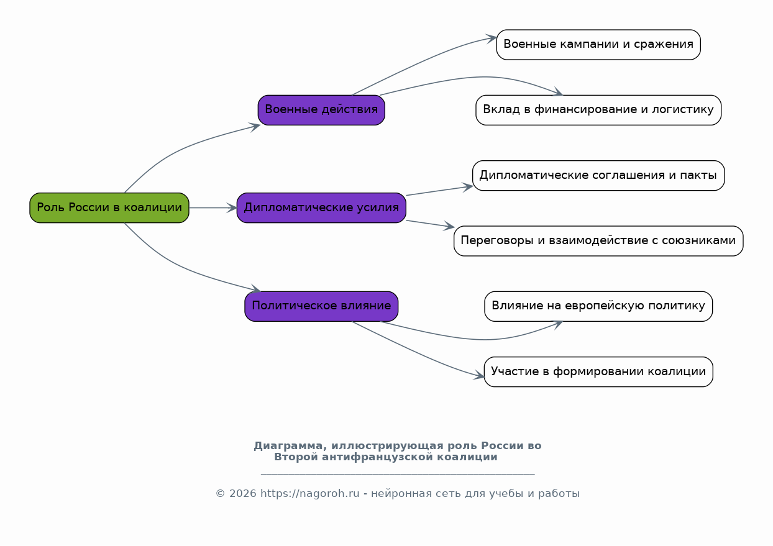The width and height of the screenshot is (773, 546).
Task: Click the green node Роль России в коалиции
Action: point(109,207)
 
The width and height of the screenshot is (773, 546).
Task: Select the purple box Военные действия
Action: point(321,110)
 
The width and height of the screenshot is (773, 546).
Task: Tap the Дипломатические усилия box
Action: point(321,207)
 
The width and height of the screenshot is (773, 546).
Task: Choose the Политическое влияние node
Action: point(321,306)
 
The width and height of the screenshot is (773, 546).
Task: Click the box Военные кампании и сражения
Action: point(598,45)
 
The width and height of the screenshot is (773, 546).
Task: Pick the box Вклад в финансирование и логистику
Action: point(598,110)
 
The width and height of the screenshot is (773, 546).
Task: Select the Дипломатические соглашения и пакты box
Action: point(598,175)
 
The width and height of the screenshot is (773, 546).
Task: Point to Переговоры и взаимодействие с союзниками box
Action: point(598,241)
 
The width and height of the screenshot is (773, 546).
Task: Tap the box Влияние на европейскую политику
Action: point(598,306)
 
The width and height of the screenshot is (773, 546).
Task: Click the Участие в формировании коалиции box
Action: point(598,372)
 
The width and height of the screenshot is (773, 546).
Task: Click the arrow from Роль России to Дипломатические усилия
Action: point(213,207)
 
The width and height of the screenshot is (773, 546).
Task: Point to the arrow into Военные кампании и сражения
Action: point(423,63)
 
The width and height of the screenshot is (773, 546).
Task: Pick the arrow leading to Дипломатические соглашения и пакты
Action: point(439,191)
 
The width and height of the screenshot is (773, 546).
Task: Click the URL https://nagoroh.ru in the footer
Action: point(309,494)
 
